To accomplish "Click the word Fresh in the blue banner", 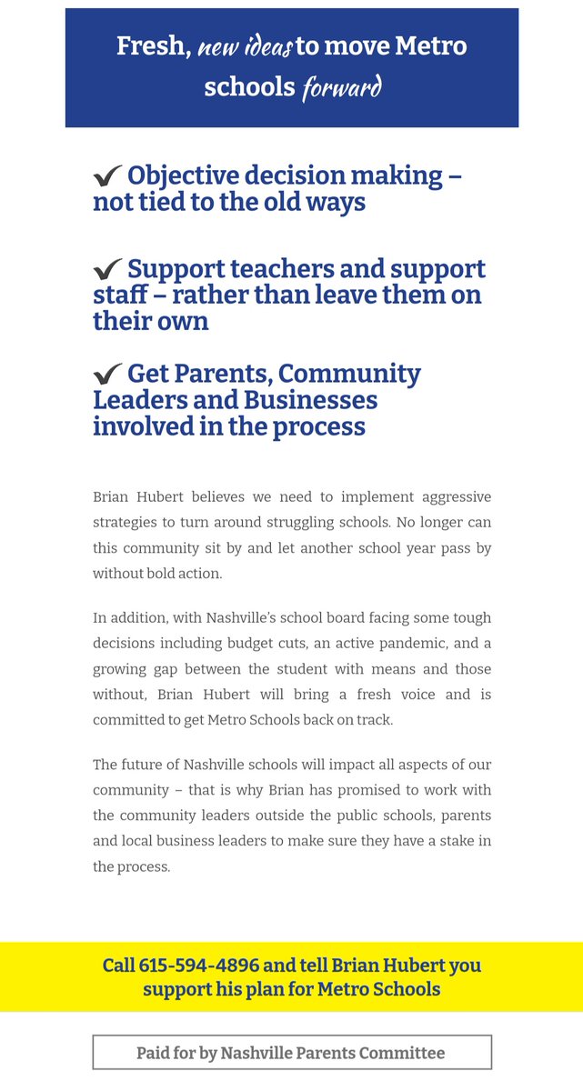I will (x=152, y=45).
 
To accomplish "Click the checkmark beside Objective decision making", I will (x=107, y=175).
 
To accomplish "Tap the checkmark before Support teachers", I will (x=107, y=270).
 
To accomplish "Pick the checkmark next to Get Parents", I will (x=107, y=375).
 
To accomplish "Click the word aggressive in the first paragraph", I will (x=453, y=497).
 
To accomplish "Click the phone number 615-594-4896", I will (x=199, y=966).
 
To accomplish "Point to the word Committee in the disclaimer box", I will (x=401, y=1053).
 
